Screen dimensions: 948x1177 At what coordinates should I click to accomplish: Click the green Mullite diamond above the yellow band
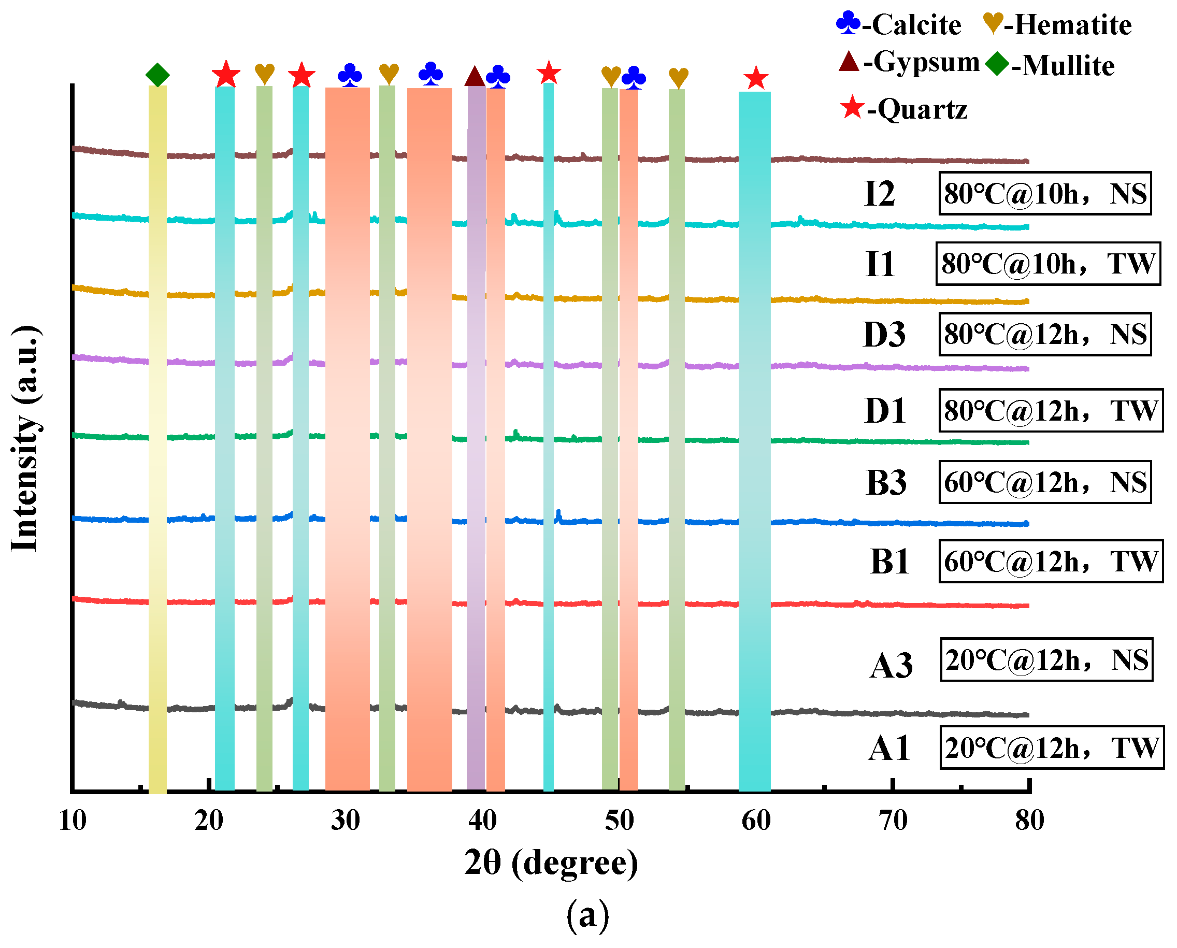(x=157, y=75)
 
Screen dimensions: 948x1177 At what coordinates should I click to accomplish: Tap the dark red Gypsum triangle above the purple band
(x=475, y=77)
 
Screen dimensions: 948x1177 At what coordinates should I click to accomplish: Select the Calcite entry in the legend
(x=899, y=24)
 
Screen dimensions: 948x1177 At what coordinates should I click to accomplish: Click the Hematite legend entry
(x=1057, y=24)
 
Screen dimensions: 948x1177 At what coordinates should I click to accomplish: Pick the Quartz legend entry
(x=904, y=109)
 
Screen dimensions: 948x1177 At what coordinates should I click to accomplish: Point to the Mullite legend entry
(x=1050, y=65)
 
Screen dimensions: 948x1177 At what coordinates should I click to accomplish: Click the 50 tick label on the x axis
(x=619, y=820)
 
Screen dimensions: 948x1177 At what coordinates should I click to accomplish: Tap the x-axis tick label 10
(x=72, y=820)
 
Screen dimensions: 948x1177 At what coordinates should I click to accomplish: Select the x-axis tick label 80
(x=1029, y=820)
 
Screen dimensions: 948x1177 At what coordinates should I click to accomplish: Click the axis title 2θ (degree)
(x=551, y=864)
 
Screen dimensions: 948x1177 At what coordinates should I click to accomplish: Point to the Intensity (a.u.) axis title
(x=25, y=438)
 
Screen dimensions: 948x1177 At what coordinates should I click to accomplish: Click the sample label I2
(x=879, y=194)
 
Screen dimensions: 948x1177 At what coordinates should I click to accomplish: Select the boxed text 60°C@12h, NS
(x=1044, y=482)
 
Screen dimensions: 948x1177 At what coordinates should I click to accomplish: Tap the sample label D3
(x=884, y=335)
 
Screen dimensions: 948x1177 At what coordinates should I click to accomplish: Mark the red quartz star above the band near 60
(x=756, y=78)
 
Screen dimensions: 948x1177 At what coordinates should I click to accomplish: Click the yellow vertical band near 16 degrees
(x=157, y=437)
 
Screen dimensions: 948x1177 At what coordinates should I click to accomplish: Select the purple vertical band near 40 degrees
(x=476, y=437)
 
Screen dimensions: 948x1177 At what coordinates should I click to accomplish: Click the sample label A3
(x=891, y=666)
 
